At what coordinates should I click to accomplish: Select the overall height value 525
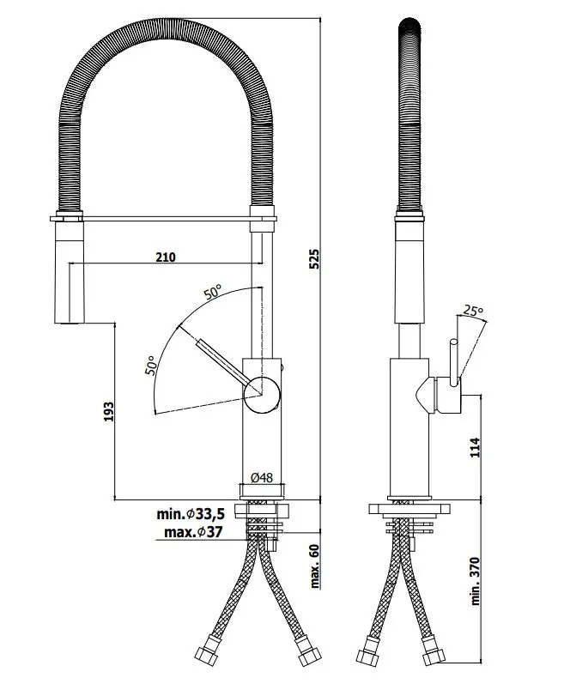pyautogui.click(x=314, y=258)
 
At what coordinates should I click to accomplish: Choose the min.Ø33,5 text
pyautogui.click(x=190, y=514)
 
